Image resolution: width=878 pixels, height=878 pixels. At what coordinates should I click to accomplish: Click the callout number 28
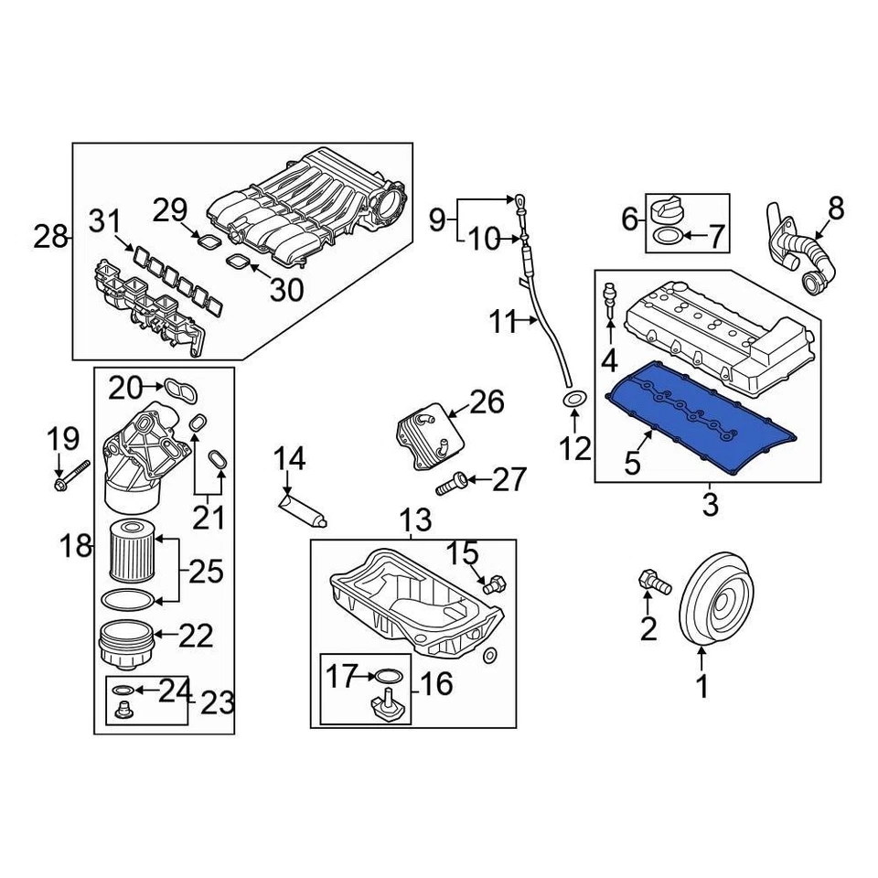coord(50,239)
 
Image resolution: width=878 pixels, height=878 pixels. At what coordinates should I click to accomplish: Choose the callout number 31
coord(104,221)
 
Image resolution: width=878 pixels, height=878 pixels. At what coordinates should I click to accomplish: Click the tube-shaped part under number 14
coord(302,509)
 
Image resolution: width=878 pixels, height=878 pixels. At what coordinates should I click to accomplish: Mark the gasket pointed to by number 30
coord(241,262)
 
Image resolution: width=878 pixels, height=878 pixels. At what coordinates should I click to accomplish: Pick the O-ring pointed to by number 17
coord(388,677)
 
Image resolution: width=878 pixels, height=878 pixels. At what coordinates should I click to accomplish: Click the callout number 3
coord(710,504)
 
